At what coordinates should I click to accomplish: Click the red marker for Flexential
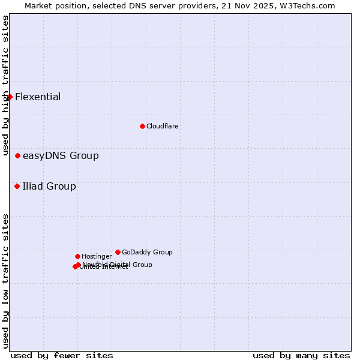point(10,97)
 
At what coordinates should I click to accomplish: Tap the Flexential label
point(38,97)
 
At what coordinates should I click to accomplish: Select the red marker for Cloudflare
point(142,126)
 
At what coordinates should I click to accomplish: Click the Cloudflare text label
point(163,126)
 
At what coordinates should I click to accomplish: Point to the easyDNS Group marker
point(17,155)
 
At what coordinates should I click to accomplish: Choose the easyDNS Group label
point(61,156)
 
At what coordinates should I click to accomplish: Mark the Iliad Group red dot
point(17,186)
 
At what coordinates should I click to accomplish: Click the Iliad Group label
point(49,186)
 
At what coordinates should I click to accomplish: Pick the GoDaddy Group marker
point(118,252)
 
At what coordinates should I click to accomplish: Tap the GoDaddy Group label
point(147,252)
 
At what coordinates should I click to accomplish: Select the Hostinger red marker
point(77,256)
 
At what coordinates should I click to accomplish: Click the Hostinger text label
point(97,256)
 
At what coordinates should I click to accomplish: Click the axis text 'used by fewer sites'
point(62,355)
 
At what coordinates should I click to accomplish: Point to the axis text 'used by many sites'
point(301,355)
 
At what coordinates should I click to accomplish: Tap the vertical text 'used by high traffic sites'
point(5,86)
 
